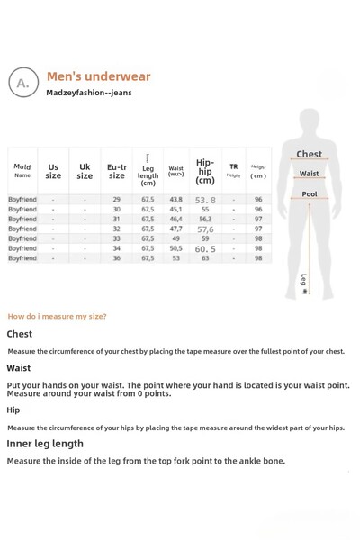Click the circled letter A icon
pyautogui.click(x=23, y=82)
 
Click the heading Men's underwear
pyautogui.click(x=98, y=76)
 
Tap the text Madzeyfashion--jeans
pyautogui.click(x=89, y=93)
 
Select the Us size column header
pyautogui.click(x=53, y=171)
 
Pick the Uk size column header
pyautogui.click(x=85, y=171)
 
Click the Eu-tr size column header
pyautogui.click(x=117, y=171)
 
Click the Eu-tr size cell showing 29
pyautogui.click(x=117, y=200)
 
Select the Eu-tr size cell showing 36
pyautogui.click(x=117, y=258)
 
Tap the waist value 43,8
pyautogui.click(x=175, y=200)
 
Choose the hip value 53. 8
pyautogui.click(x=205, y=201)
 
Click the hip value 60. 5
pyautogui.click(x=205, y=249)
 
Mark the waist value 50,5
pyautogui.click(x=175, y=248)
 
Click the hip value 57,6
pyautogui.click(x=205, y=229)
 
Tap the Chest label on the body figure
pyautogui.click(x=309, y=155)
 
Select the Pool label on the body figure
pyautogui.click(x=309, y=194)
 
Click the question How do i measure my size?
pyautogui.click(x=57, y=316)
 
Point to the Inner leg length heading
pyautogui.click(x=45, y=444)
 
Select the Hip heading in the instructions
pyautogui.click(x=13, y=409)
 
